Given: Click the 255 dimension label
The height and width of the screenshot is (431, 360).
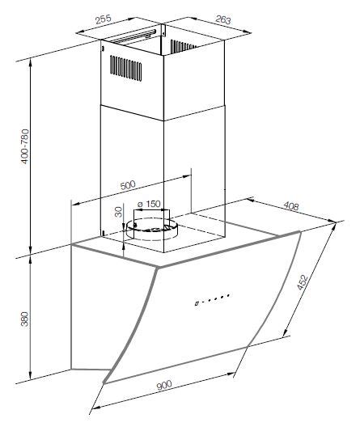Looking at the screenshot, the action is click(x=103, y=19).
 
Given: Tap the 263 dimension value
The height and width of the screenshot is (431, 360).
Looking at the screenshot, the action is click(x=223, y=19).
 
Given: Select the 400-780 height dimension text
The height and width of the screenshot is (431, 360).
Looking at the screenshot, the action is click(x=25, y=146).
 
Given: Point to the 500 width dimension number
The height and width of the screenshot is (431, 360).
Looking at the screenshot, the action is click(x=128, y=185).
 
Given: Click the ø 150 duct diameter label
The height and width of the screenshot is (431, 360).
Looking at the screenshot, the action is click(x=149, y=204).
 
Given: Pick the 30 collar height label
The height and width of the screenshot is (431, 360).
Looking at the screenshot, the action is click(x=119, y=212).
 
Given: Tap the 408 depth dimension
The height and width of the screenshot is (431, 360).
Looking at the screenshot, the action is click(x=290, y=205).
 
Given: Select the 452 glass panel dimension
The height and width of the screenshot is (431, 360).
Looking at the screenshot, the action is click(x=302, y=281).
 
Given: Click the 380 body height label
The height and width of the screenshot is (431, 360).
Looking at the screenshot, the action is click(x=25, y=319).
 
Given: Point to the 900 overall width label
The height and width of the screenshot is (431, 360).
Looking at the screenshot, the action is click(x=164, y=385).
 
